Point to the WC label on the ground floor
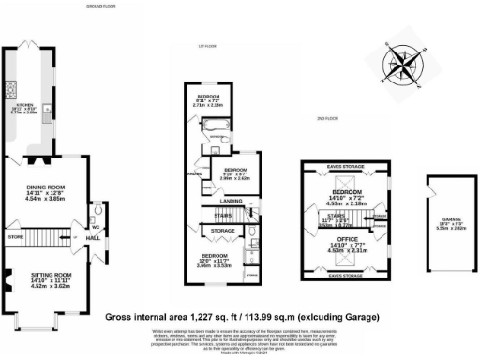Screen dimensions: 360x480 [x=97, y=226]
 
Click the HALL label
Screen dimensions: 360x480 [x=94, y=239]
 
